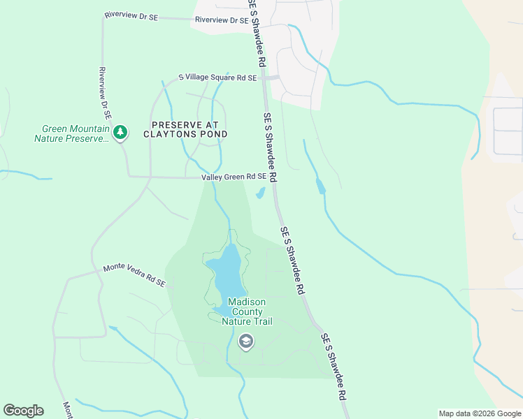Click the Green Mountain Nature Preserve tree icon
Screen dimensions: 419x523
pyautogui.click(x=120, y=131)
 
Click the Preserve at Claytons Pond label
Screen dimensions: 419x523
pyautogui.click(x=185, y=129)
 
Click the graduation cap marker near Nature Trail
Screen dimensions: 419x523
pyautogui.click(x=245, y=341)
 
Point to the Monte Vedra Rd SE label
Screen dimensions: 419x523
pyautogui.click(x=134, y=275)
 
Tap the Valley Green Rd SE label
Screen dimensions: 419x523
pyautogui.click(x=234, y=177)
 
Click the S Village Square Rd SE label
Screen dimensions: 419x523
pyautogui.click(x=217, y=78)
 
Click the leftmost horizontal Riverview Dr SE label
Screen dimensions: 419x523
pyautogui.click(x=131, y=15)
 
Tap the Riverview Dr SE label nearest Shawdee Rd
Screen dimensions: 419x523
pyautogui.click(x=222, y=20)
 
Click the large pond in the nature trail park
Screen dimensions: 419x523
pyautogui.click(x=229, y=274)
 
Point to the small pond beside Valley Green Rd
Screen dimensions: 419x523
pyautogui.click(x=260, y=193)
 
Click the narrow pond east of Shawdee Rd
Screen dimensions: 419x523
pyautogui.click(x=320, y=186)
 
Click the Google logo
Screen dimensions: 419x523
pyautogui.click(x=23, y=411)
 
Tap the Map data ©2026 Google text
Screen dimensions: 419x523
pyautogui.click(x=480, y=413)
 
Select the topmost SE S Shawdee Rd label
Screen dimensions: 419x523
pyautogui.click(x=257, y=34)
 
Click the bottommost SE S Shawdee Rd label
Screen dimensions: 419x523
pyautogui.click(x=335, y=375)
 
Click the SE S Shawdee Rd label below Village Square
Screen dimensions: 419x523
pyautogui.click(x=271, y=147)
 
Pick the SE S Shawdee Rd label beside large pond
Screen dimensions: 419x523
pyautogui.click(x=293, y=259)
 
